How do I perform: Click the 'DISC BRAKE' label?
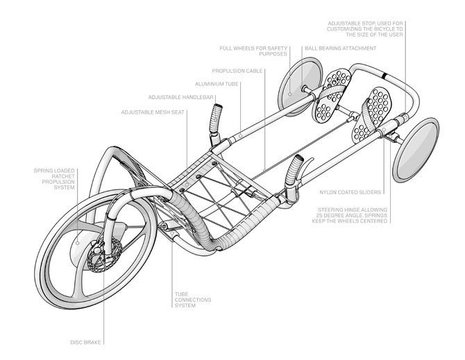pyautogui.click(x=85, y=343)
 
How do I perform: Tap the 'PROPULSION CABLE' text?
pyautogui.click(x=237, y=71)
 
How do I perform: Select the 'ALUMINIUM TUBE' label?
pyautogui.click(x=217, y=84)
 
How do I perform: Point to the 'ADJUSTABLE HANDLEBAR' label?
pyautogui.click(x=180, y=98)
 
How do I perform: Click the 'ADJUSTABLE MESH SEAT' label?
pyautogui.click(x=153, y=112)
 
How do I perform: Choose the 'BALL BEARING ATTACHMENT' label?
pyautogui.click(x=341, y=49)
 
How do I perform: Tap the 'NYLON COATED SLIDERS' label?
pyautogui.click(x=350, y=192)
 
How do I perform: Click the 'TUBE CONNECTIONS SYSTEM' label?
pyautogui.click(x=193, y=300)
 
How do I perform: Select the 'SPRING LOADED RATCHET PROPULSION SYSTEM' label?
pyautogui.click(x=54, y=179)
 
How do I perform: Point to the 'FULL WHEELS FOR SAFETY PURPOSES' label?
pyautogui.click(x=253, y=51)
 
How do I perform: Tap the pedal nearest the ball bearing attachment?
pyautogui.click(x=332, y=95)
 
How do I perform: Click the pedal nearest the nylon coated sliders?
pyautogui.click(x=371, y=115)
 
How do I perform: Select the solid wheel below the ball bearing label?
pyautogui.click(x=300, y=87)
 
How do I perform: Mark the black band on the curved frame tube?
pyautogui.click(x=384, y=76)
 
